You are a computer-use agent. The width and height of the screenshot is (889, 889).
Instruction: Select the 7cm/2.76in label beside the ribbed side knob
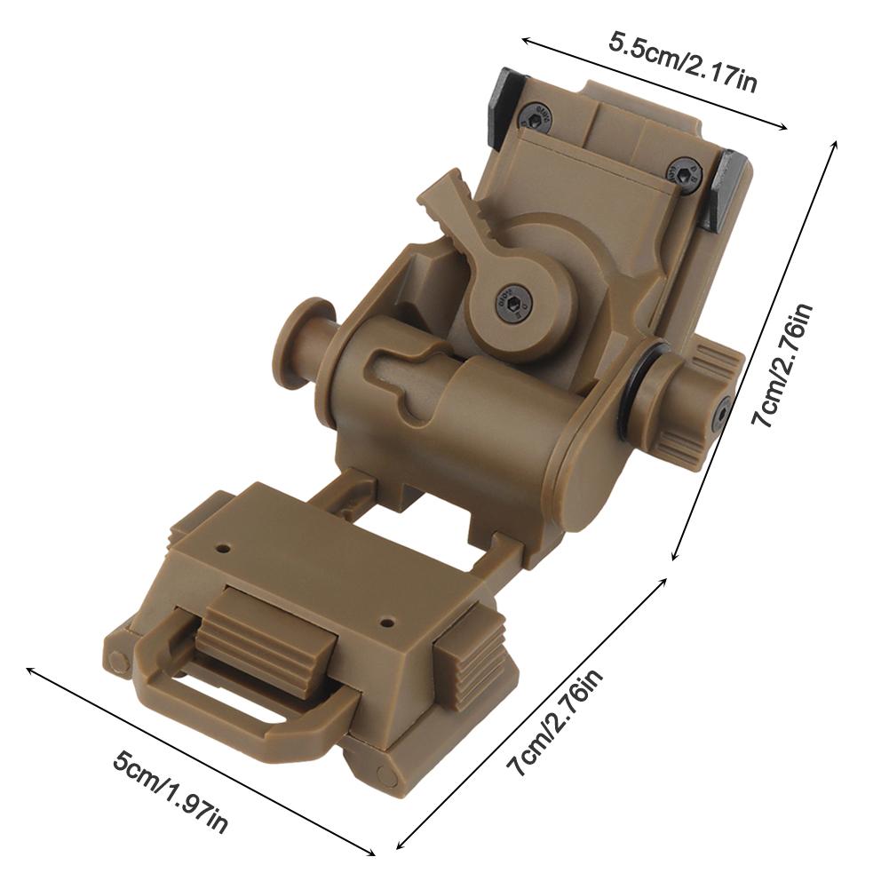[x=782, y=365]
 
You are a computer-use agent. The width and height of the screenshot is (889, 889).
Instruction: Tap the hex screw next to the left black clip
[x=535, y=115]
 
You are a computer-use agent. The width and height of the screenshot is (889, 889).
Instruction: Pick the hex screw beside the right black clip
[x=684, y=173]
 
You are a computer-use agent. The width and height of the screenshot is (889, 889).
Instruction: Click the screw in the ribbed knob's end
[x=724, y=412]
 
